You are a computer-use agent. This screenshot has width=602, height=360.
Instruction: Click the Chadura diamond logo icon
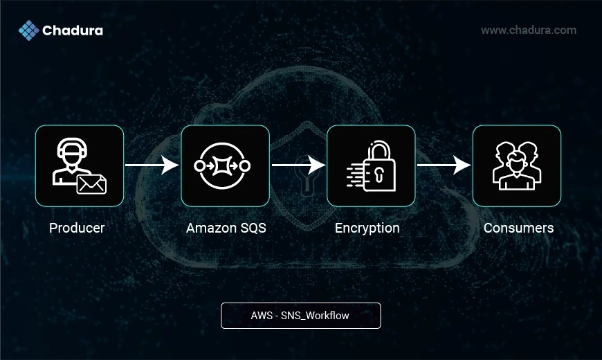pos(28,30)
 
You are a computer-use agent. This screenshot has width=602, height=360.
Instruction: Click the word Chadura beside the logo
pos(73,30)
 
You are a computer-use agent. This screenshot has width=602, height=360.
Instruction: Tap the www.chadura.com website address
pos(529,30)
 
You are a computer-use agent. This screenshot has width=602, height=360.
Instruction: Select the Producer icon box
pos(80,165)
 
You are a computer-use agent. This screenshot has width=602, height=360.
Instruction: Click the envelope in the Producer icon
pos(91,183)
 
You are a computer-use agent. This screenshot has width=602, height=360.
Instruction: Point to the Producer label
pos(77,228)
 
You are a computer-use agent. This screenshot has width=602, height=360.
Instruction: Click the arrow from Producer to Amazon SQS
pos(152,165)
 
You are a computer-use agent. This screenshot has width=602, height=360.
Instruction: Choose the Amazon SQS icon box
pos(225,165)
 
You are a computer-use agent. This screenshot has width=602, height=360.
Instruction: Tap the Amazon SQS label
pos(226,228)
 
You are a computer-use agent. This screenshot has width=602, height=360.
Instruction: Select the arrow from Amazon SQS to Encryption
pos(298,165)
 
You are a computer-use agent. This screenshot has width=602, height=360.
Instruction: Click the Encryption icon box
pos(371,165)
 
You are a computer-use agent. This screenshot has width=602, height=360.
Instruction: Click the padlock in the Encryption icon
pos(379,168)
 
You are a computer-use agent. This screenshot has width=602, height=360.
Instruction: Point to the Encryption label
pos(367,228)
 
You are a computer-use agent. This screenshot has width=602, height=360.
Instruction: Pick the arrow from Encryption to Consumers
pos(444,165)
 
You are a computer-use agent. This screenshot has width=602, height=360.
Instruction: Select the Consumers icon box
pos(517,165)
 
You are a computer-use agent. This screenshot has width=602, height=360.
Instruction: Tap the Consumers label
pos(518,228)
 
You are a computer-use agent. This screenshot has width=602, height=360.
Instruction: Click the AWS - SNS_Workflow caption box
pos(300,315)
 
